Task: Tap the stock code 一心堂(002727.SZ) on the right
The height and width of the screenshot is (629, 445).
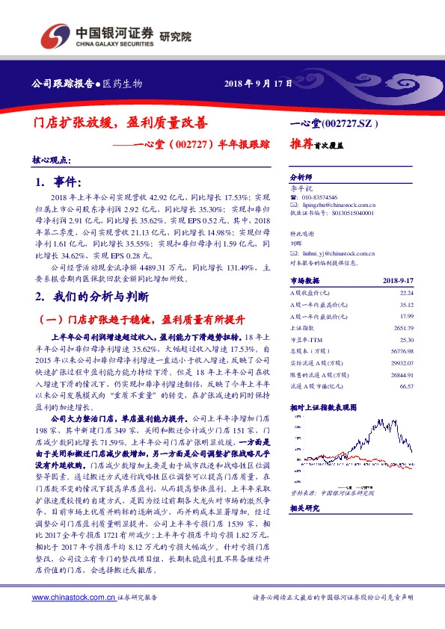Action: coord(337,122)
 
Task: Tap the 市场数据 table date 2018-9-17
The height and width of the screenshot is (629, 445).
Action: coord(398,281)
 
